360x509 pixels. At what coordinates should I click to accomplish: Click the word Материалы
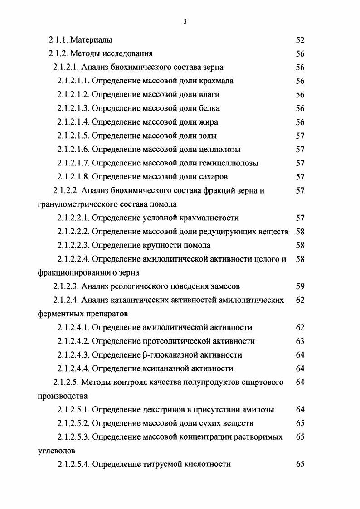[91, 40]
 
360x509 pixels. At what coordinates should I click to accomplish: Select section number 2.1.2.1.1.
[74, 81]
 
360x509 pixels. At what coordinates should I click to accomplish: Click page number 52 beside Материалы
[300, 40]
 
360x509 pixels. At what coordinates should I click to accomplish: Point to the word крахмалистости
[210, 218]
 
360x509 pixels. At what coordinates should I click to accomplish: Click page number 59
[300, 286]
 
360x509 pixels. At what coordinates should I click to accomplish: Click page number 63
[300, 341]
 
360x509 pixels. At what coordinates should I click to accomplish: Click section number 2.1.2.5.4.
[74, 464]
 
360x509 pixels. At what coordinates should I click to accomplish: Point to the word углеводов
[57, 451]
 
